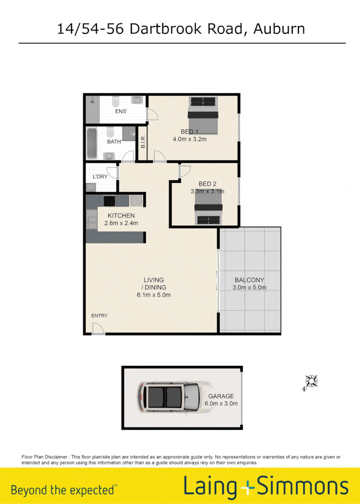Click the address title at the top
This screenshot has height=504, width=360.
181,29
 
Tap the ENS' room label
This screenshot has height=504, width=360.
122,112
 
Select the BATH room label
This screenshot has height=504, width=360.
114,141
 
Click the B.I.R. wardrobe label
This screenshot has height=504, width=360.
143,143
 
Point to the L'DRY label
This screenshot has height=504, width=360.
100,176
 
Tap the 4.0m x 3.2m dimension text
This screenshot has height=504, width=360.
191,139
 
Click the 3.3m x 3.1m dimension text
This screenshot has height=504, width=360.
207,192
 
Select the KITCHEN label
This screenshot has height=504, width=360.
121,216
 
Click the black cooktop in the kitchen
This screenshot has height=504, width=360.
110,201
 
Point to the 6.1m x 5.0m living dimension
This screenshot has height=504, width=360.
153,295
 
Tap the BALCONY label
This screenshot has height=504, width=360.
249,280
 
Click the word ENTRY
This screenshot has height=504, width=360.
99,316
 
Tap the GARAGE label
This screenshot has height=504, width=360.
221,396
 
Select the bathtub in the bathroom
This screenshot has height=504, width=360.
92,144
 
